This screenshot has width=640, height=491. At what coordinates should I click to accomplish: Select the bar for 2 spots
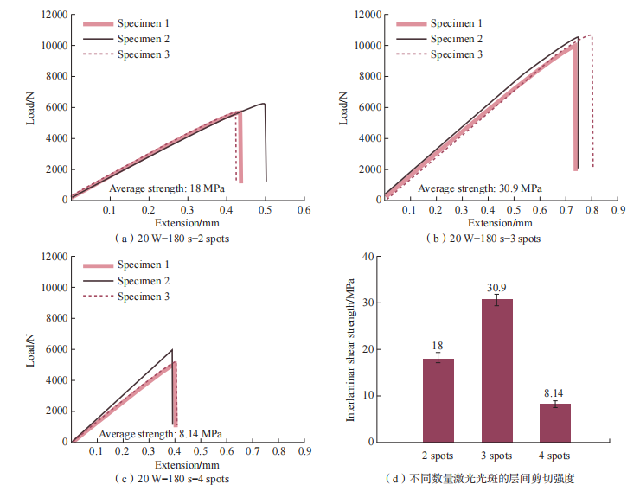click(x=438, y=399)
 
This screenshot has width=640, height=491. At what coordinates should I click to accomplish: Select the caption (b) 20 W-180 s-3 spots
click(x=485, y=238)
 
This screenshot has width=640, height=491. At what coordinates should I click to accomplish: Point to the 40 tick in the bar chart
click(x=371, y=257)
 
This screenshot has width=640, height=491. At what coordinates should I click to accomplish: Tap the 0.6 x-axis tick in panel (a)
click(x=304, y=210)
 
